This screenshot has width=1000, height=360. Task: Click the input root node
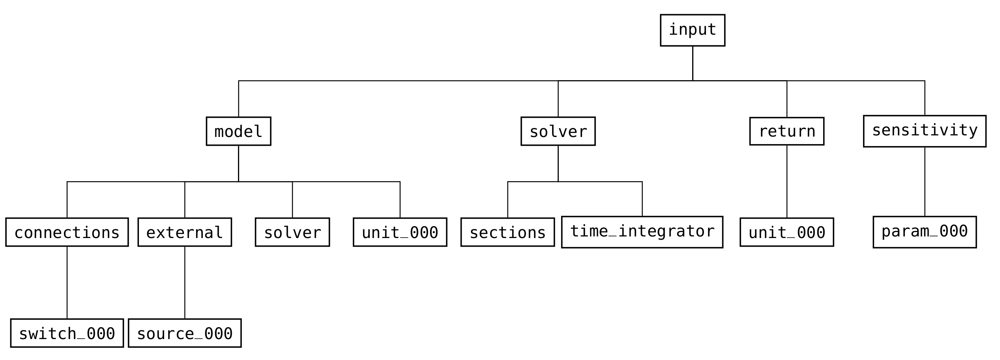[693, 30]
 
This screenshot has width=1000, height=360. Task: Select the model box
[238, 131]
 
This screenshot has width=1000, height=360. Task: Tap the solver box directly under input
[558, 131]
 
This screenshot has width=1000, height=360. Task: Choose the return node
[787, 131]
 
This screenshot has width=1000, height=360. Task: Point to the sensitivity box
[925, 131]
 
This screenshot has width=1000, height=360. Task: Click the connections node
[67, 232]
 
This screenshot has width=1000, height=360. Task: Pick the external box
[185, 232]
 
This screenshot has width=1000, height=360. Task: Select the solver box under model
[292, 232]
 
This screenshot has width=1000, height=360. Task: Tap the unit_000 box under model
[400, 232]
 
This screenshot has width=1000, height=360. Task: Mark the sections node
[507, 232]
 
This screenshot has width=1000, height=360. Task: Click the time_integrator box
[642, 232]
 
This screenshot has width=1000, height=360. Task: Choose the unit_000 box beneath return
[787, 232]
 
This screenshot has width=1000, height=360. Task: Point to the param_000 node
[925, 232]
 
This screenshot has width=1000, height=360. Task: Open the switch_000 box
[67, 333]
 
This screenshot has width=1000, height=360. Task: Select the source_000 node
[185, 333]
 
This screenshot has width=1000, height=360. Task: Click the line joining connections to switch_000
[67, 282]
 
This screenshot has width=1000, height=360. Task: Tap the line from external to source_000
[185, 282]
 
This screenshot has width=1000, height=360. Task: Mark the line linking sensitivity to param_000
[925, 182]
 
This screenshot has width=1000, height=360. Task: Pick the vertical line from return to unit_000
[787, 182]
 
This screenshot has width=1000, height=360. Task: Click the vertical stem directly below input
[693, 63]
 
